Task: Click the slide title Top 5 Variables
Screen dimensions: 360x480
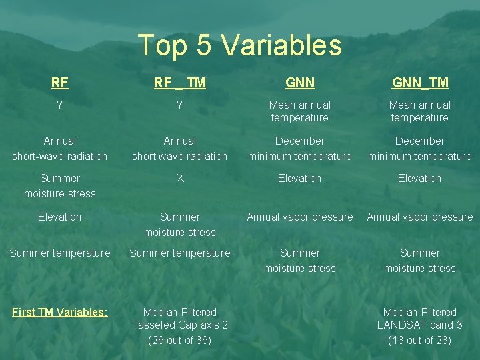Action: click(x=239, y=45)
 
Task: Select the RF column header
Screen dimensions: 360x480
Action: click(x=60, y=83)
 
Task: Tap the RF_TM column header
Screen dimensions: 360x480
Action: click(x=180, y=83)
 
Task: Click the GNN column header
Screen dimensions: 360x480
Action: click(x=299, y=83)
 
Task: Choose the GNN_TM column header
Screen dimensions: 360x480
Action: click(x=420, y=83)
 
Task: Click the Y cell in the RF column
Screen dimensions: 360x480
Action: click(x=60, y=105)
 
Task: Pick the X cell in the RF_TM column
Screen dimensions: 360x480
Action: click(x=180, y=178)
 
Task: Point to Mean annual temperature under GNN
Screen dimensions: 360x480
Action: click(x=299, y=111)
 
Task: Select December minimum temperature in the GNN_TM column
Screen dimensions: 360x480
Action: click(x=420, y=148)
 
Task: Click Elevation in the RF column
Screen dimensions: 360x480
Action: click(x=60, y=217)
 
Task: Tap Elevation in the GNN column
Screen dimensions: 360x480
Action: click(x=299, y=178)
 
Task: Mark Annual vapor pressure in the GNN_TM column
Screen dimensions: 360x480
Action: click(x=420, y=217)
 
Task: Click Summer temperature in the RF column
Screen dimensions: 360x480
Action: click(x=60, y=253)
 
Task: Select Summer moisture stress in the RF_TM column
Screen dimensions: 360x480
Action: click(x=180, y=224)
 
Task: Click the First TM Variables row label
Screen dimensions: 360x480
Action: click(x=60, y=312)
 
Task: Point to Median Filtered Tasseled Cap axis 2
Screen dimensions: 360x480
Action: click(x=180, y=318)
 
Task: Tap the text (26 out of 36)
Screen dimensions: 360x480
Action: click(x=180, y=340)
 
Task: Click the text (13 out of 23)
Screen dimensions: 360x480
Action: click(x=420, y=340)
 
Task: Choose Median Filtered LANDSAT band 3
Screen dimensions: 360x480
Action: click(x=420, y=318)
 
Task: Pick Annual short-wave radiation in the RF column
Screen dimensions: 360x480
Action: click(x=60, y=148)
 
